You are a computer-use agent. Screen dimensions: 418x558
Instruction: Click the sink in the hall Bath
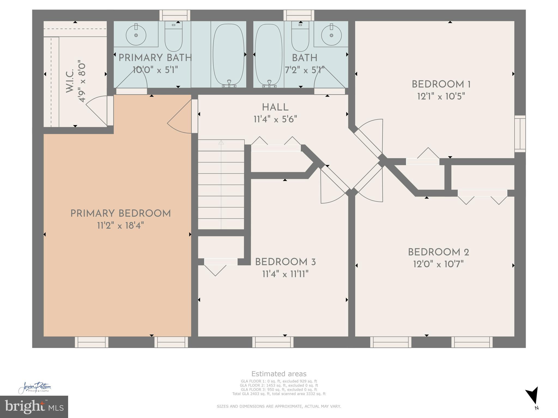coord(331,35)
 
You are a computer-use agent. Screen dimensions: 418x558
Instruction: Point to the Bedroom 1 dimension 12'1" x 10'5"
coord(441,96)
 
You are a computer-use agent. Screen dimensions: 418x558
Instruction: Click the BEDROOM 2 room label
coord(438,252)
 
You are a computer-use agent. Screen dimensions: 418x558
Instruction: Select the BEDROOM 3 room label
coord(285,262)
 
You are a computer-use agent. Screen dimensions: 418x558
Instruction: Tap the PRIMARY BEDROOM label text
coord(120,214)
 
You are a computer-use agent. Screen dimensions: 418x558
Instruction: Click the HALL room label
coord(275,107)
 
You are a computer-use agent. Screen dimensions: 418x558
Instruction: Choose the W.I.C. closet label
coord(70,81)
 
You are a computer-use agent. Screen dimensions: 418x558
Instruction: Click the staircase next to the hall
coord(221,185)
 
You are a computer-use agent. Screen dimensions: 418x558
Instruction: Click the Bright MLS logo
coord(34,407)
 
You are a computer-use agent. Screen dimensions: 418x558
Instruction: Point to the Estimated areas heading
coord(279,374)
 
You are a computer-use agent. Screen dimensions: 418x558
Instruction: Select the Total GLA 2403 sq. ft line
coord(279,394)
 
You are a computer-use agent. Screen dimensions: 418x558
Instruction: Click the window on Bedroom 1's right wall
coord(520,134)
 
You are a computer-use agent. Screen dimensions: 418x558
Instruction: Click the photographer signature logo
coord(35,388)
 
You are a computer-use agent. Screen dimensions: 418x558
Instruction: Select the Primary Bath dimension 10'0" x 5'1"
coord(155,70)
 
